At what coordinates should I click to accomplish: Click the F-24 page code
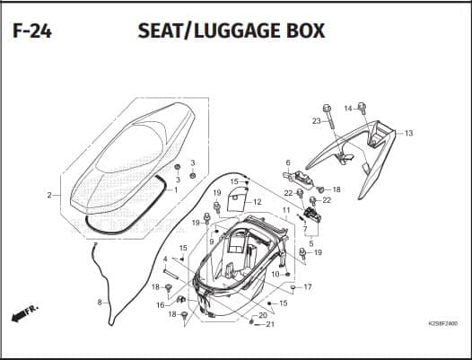(x=32, y=31)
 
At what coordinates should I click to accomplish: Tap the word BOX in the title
(x=305, y=31)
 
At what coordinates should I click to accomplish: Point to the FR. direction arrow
(x=25, y=313)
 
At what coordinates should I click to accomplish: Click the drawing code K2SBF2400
(x=442, y=324)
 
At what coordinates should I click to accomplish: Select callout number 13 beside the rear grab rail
(x=409, y=133)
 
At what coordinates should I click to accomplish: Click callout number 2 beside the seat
(x=49, y=195)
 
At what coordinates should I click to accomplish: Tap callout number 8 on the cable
(x=100, y=303)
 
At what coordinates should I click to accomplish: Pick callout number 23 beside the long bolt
(x=317, y=121)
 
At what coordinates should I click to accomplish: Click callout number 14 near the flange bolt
(x=348, y=109)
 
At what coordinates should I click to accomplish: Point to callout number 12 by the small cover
(x=258, y=202)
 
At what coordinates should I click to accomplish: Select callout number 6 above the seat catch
(x=288, y=163)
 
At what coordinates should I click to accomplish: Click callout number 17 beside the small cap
(x=308, y=287)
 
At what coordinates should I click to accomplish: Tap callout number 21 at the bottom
(x=270, y=324)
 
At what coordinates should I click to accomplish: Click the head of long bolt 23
(x=327, y=108)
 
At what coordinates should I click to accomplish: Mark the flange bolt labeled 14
(x=363, y=108)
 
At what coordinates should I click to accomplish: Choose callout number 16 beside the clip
(x=161, y=305)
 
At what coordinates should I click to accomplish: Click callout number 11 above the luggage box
(x=286, y=210)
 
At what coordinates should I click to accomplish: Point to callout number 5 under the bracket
(x=311, y=243)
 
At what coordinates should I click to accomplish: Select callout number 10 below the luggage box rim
(x=275, y=275)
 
